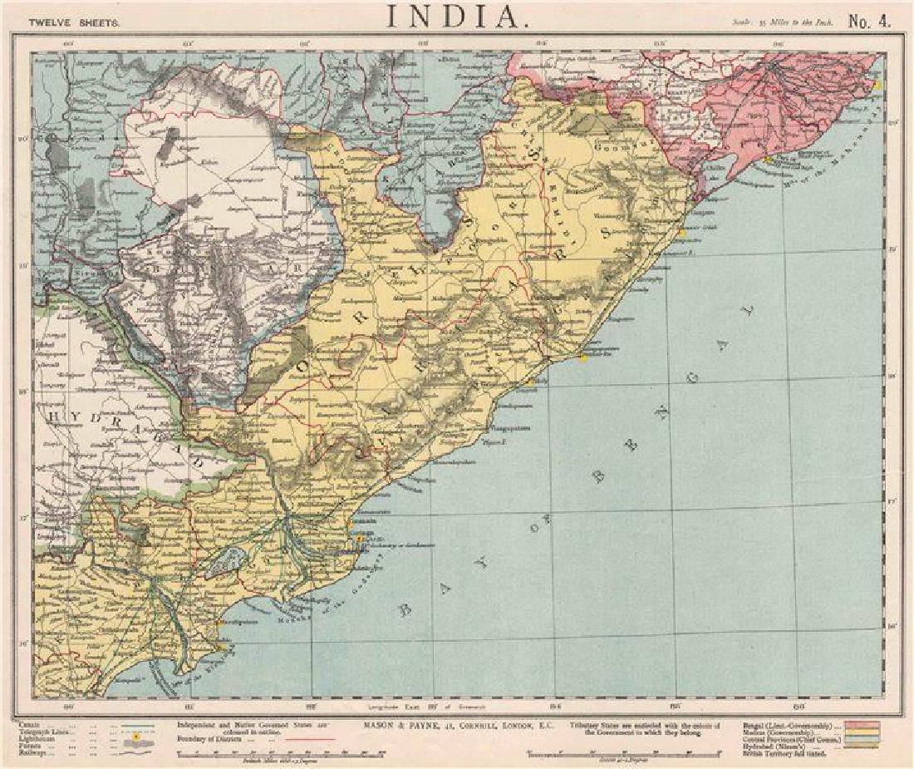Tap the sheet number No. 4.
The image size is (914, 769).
click(869, 22)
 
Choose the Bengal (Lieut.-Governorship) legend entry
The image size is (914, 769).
click(782, 724)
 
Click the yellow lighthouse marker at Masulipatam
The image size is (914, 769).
click(218, 622)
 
